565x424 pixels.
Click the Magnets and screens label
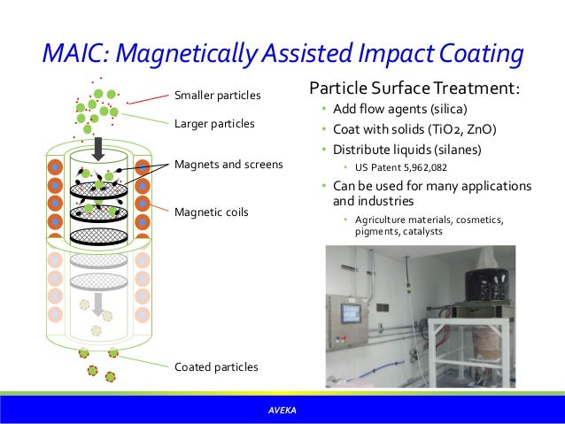228,164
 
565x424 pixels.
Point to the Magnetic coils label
212,212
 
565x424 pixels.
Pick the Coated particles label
216,366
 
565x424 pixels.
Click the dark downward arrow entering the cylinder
99,146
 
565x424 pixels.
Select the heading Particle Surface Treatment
414,90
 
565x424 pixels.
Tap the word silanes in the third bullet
455,148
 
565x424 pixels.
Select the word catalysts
418,232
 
